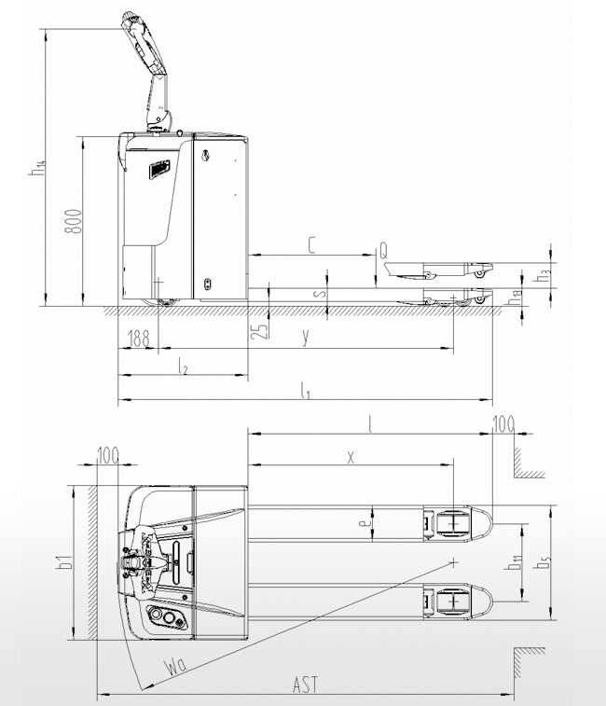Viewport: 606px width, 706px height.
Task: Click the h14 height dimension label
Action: pos(37,168)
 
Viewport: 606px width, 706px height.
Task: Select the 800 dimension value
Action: pos(74,221)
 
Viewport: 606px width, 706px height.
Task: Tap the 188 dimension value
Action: pos(139,339)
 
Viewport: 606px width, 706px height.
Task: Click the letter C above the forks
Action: pos(312,245)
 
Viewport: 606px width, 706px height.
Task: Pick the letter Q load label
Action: pos(383,250)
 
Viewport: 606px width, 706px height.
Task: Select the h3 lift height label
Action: pos(543,274)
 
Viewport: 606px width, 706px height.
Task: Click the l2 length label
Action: pos(183,367)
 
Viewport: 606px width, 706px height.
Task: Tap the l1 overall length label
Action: pos(305,391)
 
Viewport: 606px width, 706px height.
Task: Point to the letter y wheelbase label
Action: pos(306,337)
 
